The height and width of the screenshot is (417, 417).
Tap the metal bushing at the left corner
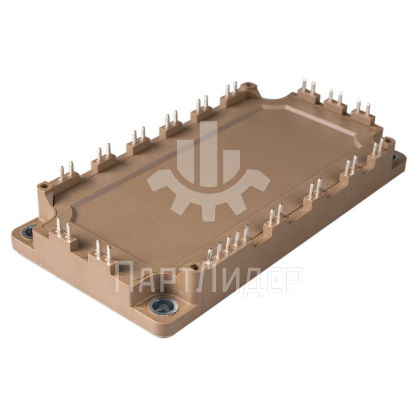[x=28, y=229]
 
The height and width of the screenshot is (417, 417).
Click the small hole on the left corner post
[x=44, y=185]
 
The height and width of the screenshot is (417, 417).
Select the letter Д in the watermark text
[x=246, y=278]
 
